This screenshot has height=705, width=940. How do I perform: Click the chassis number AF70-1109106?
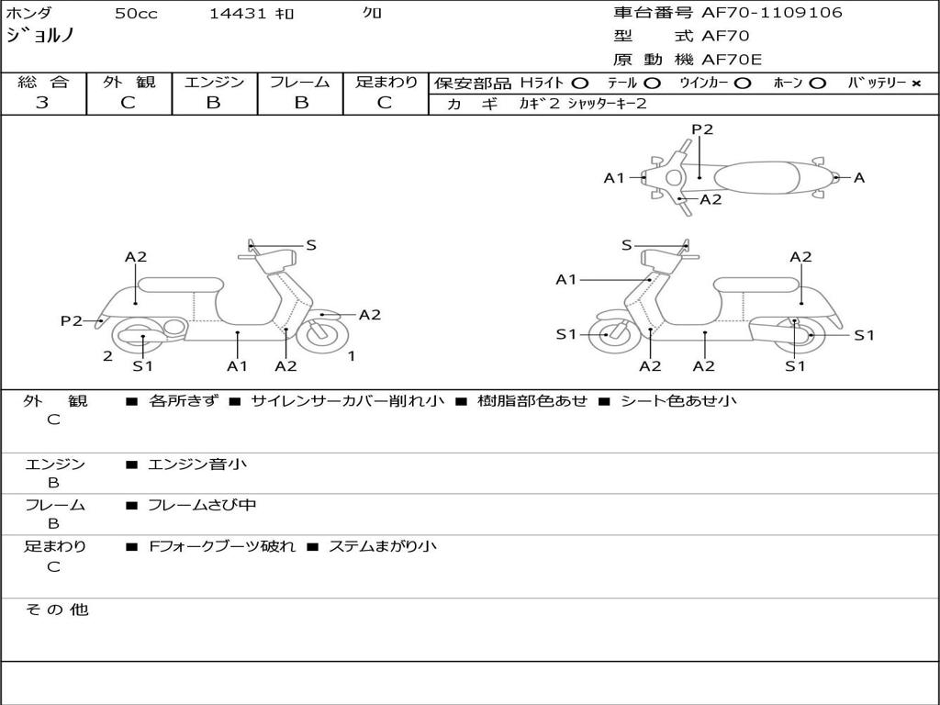pyautogui.click(x=771, y=12)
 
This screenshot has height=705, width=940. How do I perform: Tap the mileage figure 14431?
pyautogui.click(x=237, y=13)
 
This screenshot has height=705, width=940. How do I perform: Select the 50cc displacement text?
pyautogui.click(x=136, y=13)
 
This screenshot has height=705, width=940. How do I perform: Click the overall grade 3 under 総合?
pyautogui.click(x=42, y=102)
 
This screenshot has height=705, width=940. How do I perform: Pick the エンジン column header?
pyautogui.click(x=214, y=82)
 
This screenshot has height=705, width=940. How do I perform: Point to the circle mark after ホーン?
pyautogui.click(x=817, y=84)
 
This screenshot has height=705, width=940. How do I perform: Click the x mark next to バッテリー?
pyautogui.click(x=915, y=84)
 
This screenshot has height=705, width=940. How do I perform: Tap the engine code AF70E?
pyautogui.click(x=732, y=60)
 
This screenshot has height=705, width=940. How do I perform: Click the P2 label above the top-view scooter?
pyautogui.click(x=702, y=129)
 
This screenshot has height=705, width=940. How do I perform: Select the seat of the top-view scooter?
pyautogui.click(x=756, y=177)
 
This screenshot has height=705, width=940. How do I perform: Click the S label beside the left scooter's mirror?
pyautogui.click(x=310, y=244)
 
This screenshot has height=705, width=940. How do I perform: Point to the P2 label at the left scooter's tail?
pyautogui.click(x=72, y=320)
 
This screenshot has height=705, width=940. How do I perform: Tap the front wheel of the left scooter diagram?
pyautogui.click(x=322, y=334)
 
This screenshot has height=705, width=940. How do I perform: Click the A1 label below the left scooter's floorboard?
pyautogui.click(x=237, y=365)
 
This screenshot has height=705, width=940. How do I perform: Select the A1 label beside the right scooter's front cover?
pyautogui.click(x=565, y=279)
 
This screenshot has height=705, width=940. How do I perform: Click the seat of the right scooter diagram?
pyautogui.click(x=756, y=285)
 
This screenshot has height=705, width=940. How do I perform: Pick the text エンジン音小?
pyautogui.click(x=197, y=464)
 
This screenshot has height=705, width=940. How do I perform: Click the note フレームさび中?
pyautogui.click(x=202, y=505)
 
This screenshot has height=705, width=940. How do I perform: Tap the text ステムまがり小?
pyautogui.click(x=383, y=546)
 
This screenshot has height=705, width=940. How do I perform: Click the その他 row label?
pyautogui.click(x=56, y=610)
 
